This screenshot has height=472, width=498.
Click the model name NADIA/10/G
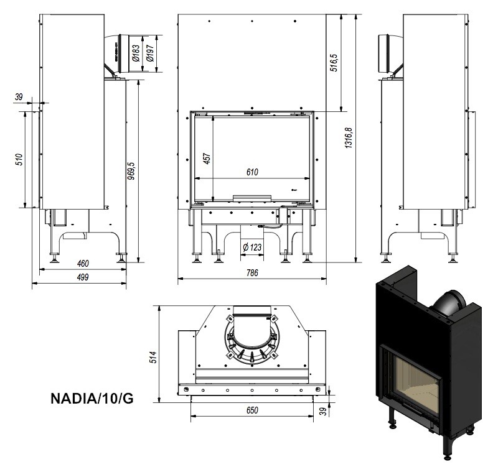tap(92, 399)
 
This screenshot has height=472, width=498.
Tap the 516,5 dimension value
tap(334, 62)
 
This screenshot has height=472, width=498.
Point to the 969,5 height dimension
tap(131, 170)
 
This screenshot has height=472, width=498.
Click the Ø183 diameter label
tap(136, 53)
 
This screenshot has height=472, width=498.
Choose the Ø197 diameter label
tap(150, 53)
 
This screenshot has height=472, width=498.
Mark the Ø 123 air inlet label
tap(252, 247)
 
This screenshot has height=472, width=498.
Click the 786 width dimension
tap(252, 272)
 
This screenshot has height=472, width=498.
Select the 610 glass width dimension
tap(252, 172)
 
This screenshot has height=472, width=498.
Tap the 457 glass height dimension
tap(207, 159)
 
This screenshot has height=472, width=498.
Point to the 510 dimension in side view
tap(19, 159)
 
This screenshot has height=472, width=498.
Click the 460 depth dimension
tap(83, 263)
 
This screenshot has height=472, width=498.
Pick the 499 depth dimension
tap(83, 277)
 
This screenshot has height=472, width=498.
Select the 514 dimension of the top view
tap(153, 357)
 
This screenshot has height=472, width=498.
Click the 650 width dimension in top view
tap(252, 410)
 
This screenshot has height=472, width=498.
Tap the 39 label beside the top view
tap(322, 412)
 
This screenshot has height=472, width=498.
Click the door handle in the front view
tap(252, 198)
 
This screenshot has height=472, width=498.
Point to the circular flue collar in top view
tap(251, 341)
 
